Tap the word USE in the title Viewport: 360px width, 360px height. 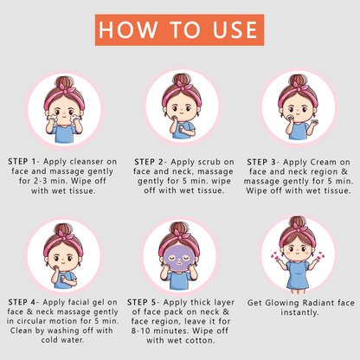(235, 30)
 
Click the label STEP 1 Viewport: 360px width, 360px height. (22, 162)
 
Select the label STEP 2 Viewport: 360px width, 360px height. (149, 162)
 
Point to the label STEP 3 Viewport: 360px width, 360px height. (261, 162)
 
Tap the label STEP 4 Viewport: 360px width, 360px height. (22, 302)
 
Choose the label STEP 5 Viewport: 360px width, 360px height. (142, 302)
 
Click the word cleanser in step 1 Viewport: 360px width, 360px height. (87, 162)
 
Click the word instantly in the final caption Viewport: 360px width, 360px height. (299, 312)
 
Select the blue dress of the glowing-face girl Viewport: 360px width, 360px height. (299, 274)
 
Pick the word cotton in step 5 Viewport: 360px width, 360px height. (200, 340)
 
